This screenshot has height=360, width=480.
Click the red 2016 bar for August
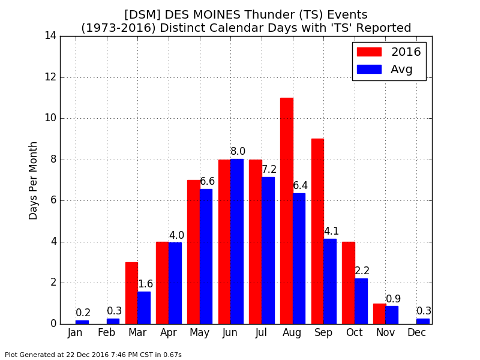(287, 211)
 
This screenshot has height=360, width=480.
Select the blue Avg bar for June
(237, 242)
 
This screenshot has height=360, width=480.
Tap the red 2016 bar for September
(317, 232)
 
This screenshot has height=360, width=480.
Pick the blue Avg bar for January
(82, 322)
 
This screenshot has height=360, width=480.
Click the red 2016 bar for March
(131, 293)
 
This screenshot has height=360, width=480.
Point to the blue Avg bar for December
(423, 321)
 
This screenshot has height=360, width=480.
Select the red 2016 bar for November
(379, 314)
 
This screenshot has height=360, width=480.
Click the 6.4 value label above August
(301, 185)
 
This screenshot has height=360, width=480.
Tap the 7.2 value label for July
(269, 169)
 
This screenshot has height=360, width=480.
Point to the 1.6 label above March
(145, 284)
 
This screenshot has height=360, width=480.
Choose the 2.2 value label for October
(362, 271)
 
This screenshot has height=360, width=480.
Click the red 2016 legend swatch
(369, 52)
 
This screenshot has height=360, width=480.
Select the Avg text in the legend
(401, 70)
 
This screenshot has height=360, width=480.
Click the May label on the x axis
(199, 333)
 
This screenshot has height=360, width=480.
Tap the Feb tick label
(106, 332)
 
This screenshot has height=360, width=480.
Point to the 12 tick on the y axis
(51, 77)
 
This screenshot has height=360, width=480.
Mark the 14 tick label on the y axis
(51, 36)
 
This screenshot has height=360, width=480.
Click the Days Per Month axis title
(33, 181)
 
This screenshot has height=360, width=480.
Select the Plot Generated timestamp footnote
(93, 355)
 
